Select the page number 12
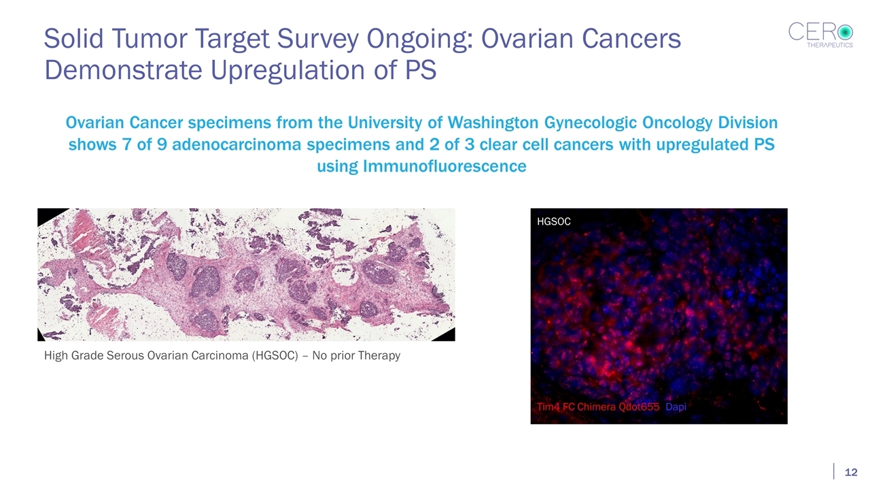click(850, 472)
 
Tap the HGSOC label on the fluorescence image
click(553, 222)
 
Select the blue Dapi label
click(676, 407)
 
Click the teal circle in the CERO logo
click(844, 31)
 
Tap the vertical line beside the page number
click(834, 472)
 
